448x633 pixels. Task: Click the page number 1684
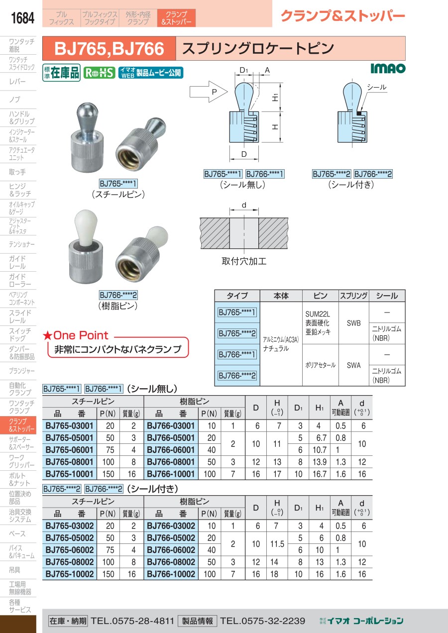tap(22, 18)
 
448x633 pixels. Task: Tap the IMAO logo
tap(388, 68)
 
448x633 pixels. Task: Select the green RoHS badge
tap(100, 73)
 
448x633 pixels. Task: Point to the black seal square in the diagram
tap(359, 113)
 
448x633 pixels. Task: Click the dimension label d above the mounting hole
tap(244, 205)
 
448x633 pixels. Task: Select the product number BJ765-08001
tap(69, 462)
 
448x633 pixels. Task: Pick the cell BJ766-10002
tap(171, 574)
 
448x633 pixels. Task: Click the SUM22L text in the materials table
tap(318, 314)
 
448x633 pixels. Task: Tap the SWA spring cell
tap(353, 365)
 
